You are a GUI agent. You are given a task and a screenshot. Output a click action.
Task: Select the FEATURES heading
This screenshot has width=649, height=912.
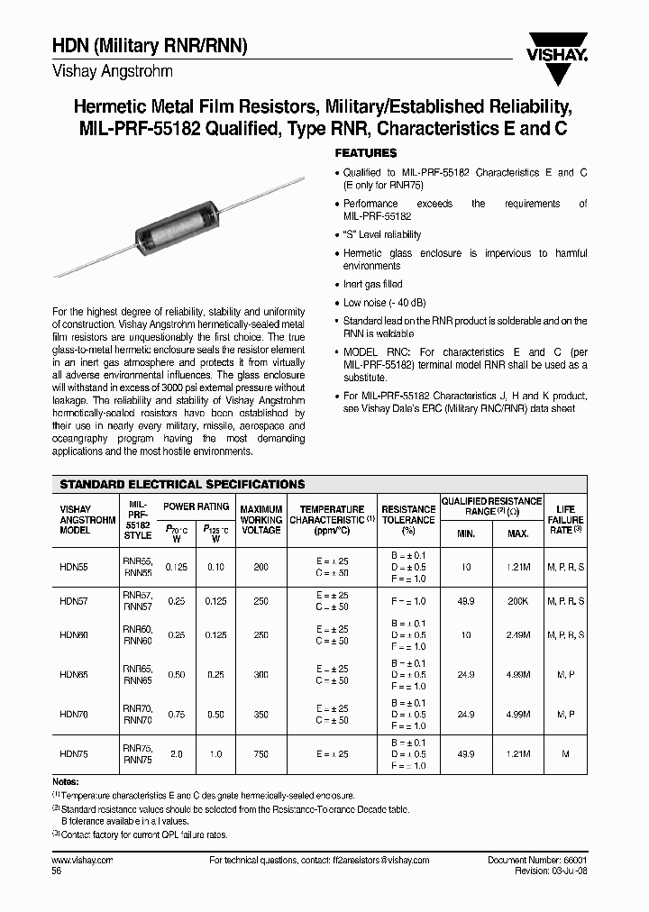[366, 153]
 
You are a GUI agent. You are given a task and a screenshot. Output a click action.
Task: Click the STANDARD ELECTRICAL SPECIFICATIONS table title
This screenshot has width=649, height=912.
[182, 484]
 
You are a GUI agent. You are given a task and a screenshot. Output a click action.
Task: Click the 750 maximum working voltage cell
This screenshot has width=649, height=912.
[261, 753]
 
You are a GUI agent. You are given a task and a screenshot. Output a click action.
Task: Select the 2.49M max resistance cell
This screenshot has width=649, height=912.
[518, 634]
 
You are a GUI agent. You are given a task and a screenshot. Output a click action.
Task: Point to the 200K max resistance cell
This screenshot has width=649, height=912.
[518, 600]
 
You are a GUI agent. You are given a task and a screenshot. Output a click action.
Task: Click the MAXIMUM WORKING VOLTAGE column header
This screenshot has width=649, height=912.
[261, 520]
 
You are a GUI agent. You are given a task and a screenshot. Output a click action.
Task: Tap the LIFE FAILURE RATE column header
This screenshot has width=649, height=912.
[566, 520]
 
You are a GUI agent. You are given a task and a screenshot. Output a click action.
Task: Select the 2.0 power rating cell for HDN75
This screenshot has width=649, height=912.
[176, 753]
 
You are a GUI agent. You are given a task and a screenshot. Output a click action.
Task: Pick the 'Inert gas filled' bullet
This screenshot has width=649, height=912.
[373, 285]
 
